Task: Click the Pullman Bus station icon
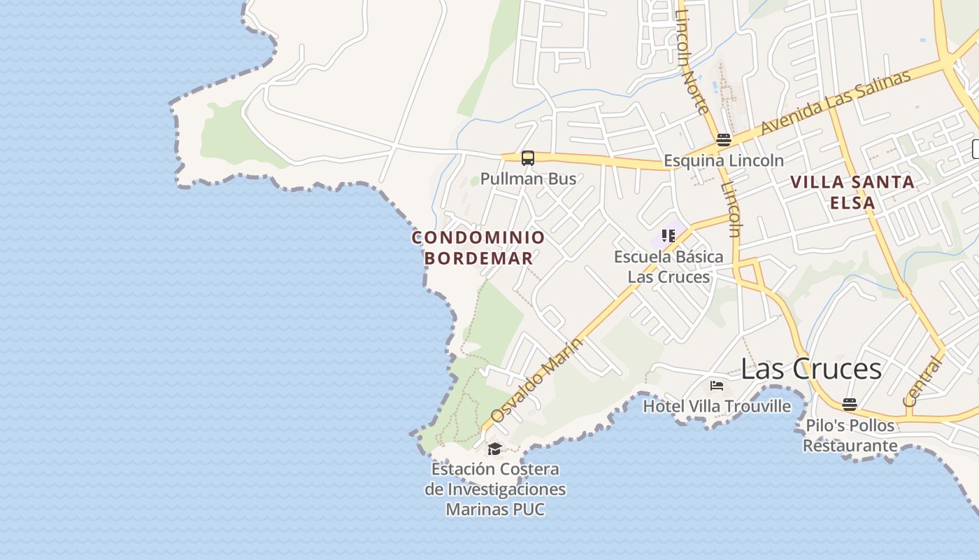[x=528, y=158]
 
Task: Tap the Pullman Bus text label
[x=528, y=178]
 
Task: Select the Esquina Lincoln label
[x=724, y=160]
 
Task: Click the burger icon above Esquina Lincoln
[x=724, y=140]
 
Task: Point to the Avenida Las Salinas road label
[x=836, y=102]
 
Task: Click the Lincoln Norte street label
[x=692, y=63]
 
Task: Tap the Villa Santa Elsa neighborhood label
[x=852, y=192]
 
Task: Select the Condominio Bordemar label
[x=478, y=248]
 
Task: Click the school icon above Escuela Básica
[x=668, y=236]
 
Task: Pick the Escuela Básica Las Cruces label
[x=668, y=267]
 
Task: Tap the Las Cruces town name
[x=811, y=369]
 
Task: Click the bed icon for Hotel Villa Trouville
[x=717, y=385]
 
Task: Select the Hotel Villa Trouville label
[x=717, y=406]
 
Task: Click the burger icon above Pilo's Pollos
[x=850, y=405]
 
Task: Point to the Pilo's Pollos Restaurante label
[x=850, y=435]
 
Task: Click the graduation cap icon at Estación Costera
[x=494, y=449]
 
